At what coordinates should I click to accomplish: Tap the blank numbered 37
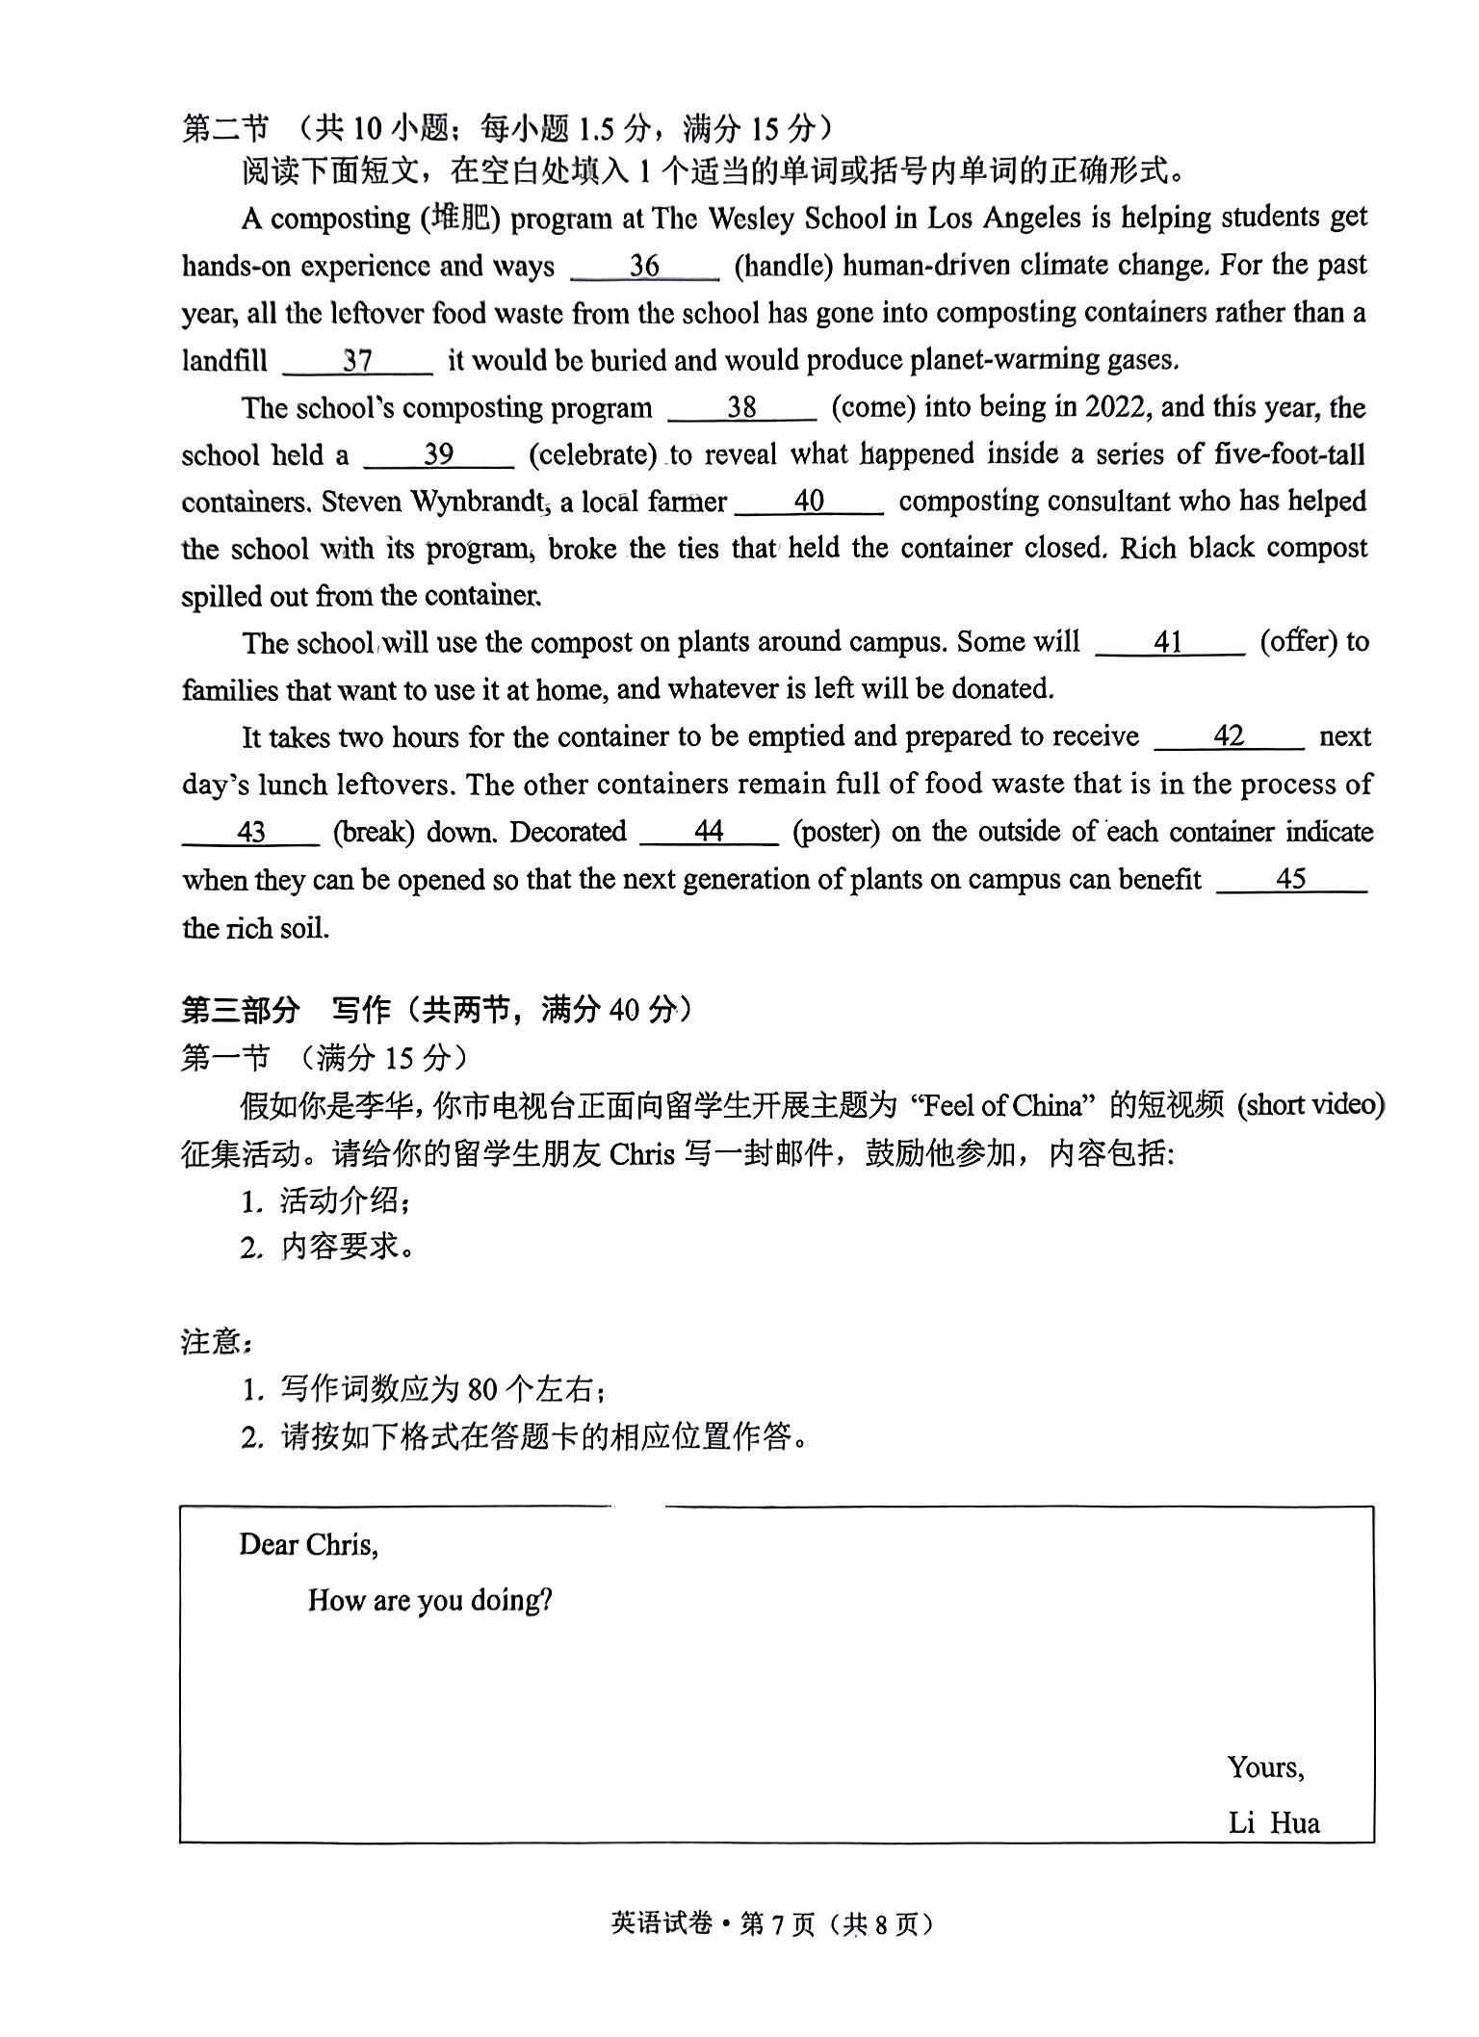(357, 361)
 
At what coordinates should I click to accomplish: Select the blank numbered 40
(809, 502)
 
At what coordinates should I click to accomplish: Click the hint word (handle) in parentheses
(783, 266)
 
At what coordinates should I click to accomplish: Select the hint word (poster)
(836, 832)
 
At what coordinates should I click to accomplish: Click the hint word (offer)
(1298, 642)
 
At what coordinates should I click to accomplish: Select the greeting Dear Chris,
(308, 1545)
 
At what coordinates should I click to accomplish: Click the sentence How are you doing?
(429, 1601)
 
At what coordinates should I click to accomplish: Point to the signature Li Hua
(1273, 1823)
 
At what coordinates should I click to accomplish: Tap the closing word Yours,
(1265, 1767)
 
